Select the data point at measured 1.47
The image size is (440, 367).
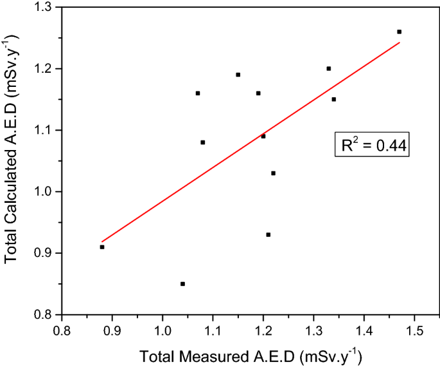[x=399, y=32]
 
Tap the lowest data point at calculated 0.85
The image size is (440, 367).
[x=182, y=284]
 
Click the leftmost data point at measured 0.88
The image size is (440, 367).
[x=102, y=247]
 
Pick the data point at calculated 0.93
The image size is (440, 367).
[x=268, y=234]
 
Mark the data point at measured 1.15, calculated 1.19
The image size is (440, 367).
[x=238, y=75]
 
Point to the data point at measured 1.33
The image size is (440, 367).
[x=328, y=68]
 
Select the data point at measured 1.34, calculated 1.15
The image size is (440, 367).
[x=333, y=99]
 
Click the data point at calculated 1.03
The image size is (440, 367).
[x=273, y=173]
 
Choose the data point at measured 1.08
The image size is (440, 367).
[x=202, y=142]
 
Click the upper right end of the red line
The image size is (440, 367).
[x=400, y=42]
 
